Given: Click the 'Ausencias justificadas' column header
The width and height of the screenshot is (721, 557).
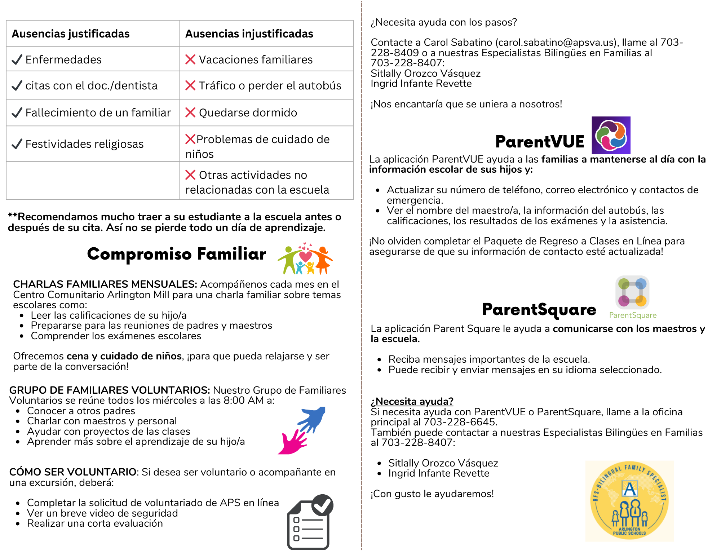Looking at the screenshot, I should pos(71,34).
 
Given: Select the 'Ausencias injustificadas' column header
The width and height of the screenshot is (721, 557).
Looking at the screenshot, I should pos(249,34).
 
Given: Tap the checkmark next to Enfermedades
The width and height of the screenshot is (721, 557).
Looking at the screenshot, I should pos(17,59).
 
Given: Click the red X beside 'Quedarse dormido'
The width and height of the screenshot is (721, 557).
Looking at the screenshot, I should pos(190,112).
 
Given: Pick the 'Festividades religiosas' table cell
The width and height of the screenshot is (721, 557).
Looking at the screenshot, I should pos(84,144).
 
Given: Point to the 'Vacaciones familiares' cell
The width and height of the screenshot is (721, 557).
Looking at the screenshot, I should pos(256,59).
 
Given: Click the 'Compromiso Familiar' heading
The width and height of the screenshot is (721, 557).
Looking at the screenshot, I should pos(177,254).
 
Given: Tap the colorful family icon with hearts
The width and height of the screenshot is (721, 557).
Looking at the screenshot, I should pos(305,258).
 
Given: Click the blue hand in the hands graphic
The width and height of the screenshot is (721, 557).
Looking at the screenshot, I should pos(312,419).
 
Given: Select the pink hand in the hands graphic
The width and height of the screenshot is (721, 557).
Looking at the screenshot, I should pos(293,442).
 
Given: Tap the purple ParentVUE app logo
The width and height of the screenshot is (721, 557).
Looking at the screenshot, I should pos(611,135).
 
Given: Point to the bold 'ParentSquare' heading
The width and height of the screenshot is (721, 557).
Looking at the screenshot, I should pos(539,310).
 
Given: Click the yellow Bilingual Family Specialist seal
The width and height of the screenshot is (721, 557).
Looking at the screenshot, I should pos(629,501).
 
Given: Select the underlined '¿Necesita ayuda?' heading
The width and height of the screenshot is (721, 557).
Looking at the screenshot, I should pos(412,401).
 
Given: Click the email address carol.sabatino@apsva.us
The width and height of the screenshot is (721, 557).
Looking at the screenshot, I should pos(555,43).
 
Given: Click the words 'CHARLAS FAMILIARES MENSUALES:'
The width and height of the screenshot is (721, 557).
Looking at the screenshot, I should pos(105,284).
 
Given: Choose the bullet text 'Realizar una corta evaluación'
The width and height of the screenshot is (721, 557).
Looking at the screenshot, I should pos(95,523).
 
